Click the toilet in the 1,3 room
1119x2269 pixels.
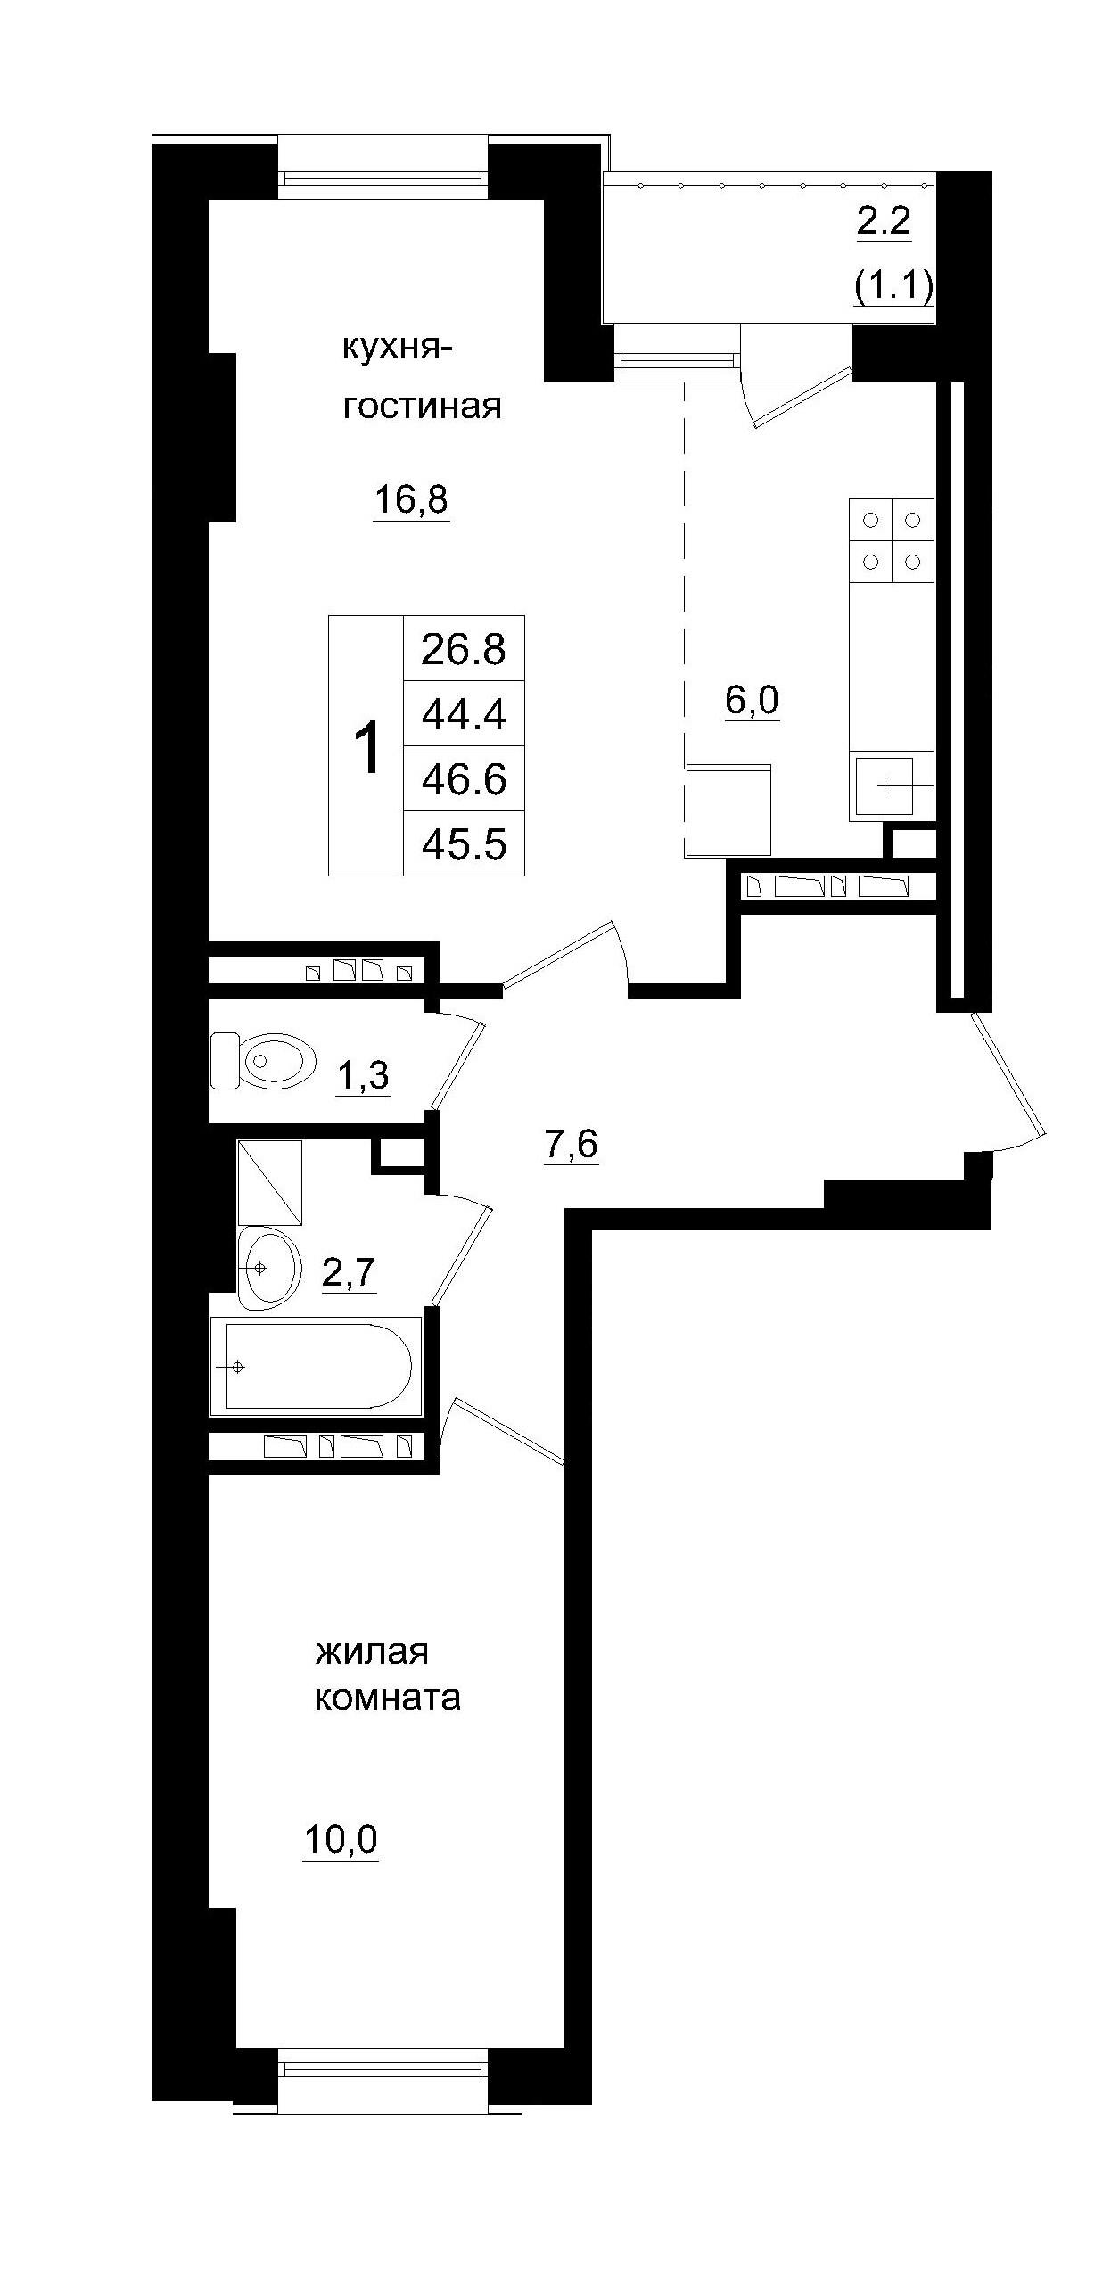pos(264,1061)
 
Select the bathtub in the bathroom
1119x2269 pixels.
pos(316,1365)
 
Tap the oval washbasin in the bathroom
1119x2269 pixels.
pos(267,1267)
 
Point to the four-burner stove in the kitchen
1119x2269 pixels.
pos(891,540)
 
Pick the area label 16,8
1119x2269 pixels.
pos(410,500)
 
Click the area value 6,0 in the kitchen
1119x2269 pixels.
pos(751,701)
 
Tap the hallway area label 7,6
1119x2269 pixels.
pos(570,1145)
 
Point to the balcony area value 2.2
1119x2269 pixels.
pos(884,220)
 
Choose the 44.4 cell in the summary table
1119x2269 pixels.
pos(464,714)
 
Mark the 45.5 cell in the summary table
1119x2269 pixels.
pos(464,843)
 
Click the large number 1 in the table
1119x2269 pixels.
pos(366,747)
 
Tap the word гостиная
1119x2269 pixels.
pos(422,407)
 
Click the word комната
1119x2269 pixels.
pos(387,1698)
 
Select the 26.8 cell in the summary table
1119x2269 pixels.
pos(464,649)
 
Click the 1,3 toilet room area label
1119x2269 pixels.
pos(362,1077)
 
